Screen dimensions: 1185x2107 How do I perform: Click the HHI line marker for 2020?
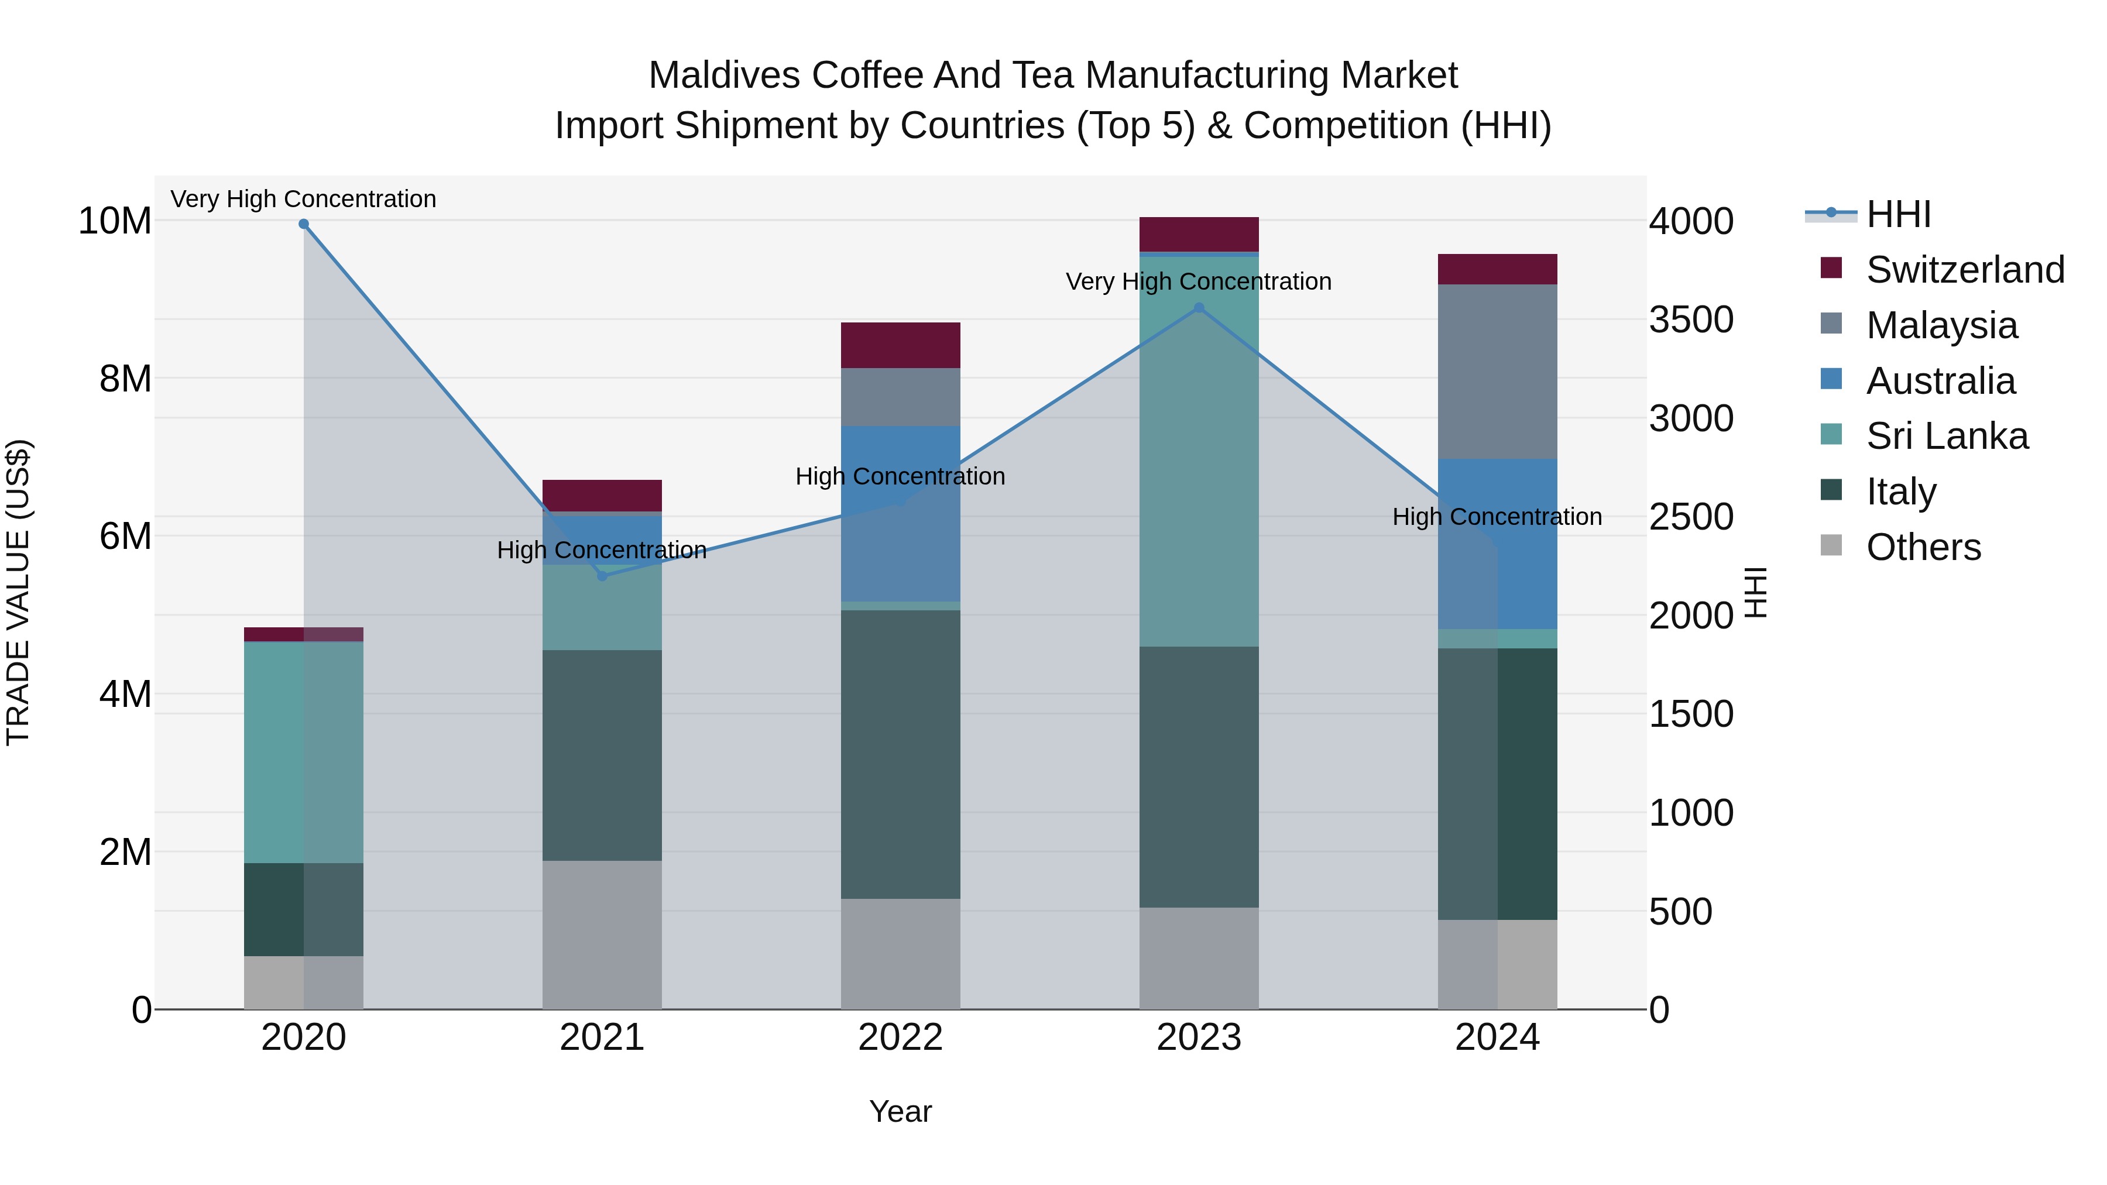coord(303,224)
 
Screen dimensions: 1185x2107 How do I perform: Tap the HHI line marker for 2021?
coord(602,576)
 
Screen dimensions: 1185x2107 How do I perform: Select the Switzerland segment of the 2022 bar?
coord(901,345)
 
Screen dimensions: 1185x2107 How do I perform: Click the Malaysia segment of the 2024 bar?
coord(1498,372)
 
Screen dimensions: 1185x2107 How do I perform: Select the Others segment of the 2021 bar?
coord(602,934)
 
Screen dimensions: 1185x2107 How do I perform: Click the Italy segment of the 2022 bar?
coord(901,754)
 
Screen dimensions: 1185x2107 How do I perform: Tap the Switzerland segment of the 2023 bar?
coord(1199,235)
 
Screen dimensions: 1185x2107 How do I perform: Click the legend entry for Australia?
coord(1940,381)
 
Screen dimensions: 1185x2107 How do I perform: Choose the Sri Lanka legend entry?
coord(1947,436)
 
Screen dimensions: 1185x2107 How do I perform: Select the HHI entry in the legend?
coord(1897,214)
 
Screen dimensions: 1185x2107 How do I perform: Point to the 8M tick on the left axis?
coord(125,379)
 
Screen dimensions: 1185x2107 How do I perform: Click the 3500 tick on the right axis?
coord(1691,320)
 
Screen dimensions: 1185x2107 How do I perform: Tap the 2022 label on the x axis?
coord(901,1038)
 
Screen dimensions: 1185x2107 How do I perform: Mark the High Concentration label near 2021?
coord(602,549)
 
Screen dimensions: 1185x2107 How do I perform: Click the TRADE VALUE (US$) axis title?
coord(18,592)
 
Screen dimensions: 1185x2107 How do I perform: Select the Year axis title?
coord(901,1111)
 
